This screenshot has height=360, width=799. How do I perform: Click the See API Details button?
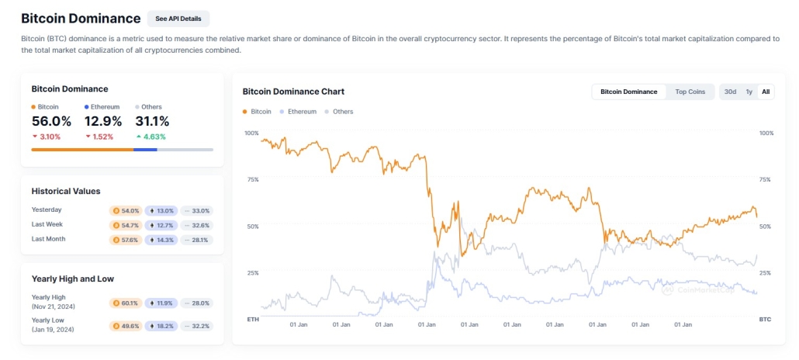(x=178, y=19)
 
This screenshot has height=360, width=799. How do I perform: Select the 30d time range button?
(x=730, y=92)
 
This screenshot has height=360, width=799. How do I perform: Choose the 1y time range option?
(x=749, y=92)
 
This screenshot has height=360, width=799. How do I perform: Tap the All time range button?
(x=766, y=92)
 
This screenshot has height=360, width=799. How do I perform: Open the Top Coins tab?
(x=690, y=92)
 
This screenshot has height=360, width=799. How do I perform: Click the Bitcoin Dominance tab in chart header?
(x=629, y=92)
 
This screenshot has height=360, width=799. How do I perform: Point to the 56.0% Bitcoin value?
(x=51, y=121)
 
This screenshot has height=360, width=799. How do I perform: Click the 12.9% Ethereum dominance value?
(x=103, y=121)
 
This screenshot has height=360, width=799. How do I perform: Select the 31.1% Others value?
(x=152, y=121)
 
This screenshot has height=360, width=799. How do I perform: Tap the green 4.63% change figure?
(x=155, y=137)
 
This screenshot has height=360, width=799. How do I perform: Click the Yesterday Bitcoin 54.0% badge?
(x=126, y=210)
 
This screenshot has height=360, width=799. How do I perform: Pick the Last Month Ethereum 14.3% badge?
(x=163, y=240)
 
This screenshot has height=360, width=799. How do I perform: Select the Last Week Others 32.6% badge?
(x=196, y=225)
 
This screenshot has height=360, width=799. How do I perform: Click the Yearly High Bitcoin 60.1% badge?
(x=126, y=303)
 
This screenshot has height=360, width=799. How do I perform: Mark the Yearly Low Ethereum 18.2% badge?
(x=163, y=326)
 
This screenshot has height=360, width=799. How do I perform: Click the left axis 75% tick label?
(x=251, y=180)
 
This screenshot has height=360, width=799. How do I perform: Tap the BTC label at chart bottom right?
(x=764, y=319)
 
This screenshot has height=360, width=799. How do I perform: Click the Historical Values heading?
(x=66, y=191)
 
